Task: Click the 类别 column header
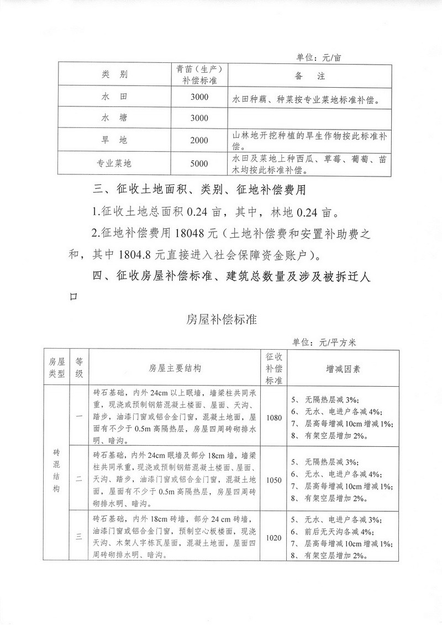point(114,74)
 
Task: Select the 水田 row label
point(114,97)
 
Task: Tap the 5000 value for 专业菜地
point(199,164)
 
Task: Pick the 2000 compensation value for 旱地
point(199,141)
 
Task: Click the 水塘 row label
point(114,118)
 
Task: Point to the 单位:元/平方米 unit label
point(325,343)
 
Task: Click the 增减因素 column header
point(342,368)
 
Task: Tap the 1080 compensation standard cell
point(273,418)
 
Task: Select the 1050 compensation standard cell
point(273,480)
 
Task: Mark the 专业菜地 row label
point(114,164)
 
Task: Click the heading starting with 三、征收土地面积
point(198,191)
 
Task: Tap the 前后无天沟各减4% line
point(338,532)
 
